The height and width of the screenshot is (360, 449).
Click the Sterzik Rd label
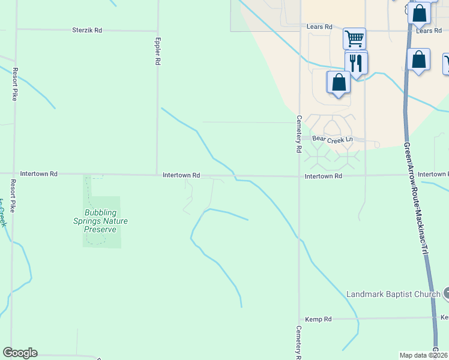87,29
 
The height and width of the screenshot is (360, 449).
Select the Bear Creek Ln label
331,139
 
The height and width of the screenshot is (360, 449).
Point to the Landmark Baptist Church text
393,294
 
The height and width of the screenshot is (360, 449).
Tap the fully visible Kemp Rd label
318,319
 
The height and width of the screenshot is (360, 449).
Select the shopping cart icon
354,39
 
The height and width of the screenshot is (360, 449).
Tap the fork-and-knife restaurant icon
357,62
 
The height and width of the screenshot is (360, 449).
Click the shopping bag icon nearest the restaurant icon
339,82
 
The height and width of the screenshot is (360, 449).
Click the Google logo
20,353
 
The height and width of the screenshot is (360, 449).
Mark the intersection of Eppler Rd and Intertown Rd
157,175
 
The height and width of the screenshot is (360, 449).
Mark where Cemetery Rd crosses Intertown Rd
300,176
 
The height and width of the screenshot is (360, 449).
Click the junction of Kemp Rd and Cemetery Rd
300,319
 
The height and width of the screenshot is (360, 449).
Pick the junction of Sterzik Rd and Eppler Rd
157,30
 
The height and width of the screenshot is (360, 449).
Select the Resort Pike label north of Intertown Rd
14,84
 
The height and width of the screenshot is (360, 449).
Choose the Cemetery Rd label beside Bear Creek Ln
298,133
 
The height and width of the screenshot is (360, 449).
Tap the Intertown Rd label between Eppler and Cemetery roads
181,175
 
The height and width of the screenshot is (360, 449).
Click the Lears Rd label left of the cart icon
319,27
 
